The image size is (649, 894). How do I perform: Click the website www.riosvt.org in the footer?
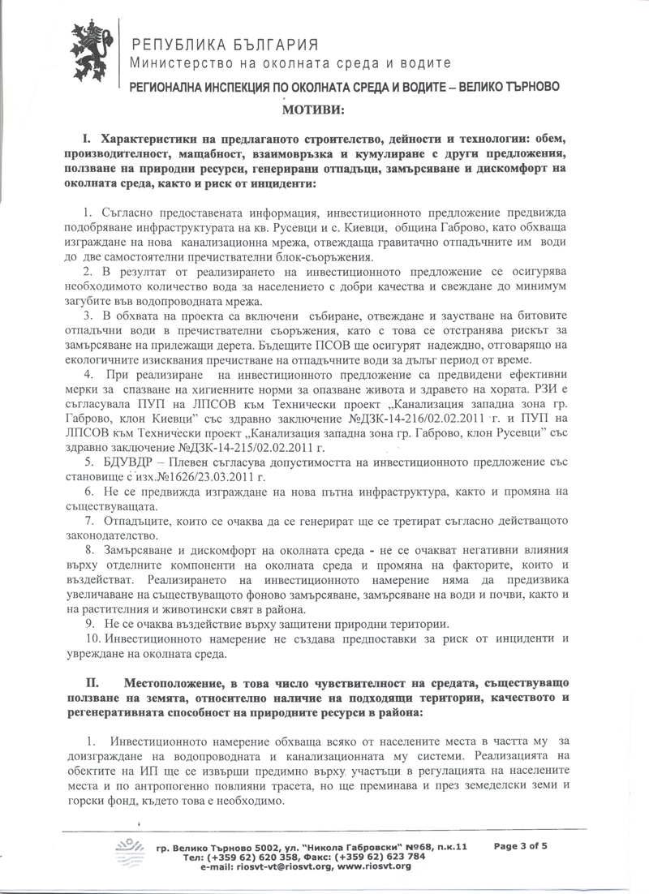(374, 866)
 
